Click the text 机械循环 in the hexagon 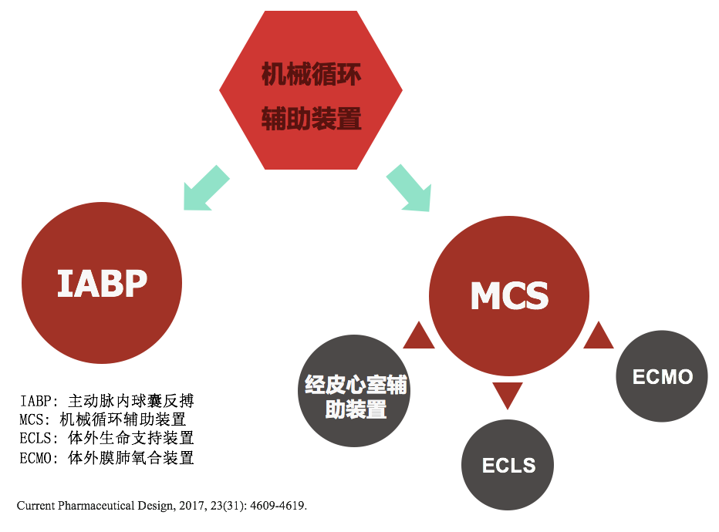click(311, 76)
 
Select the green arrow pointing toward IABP click(205, 187)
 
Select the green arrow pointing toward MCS click(410, 187)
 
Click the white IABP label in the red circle click(102, 284)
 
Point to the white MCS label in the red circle click(509, 296)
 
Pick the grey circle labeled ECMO click(662, 376)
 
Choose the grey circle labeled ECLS click(508, 465)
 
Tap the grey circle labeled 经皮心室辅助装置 click(355, 391)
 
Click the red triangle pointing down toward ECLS click(508, 394)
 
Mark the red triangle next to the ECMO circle click(598, 337)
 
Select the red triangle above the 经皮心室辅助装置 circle click(419, 337)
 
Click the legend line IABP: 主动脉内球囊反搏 click(106, 401)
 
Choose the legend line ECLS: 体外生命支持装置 click(106, 438)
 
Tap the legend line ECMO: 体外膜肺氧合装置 click(106, 457)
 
